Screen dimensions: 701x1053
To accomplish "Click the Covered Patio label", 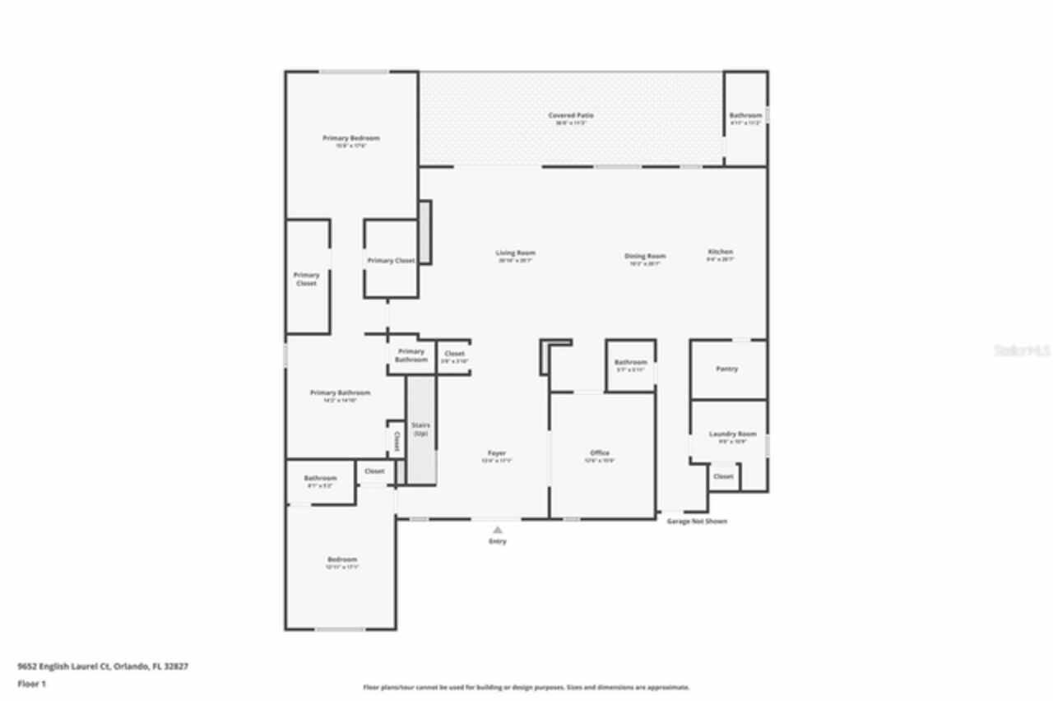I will coord(571,116).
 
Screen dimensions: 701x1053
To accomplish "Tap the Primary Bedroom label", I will coord(351,138).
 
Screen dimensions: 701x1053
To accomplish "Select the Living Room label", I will coord(516,253).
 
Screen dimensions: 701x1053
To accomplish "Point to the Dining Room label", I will coord(645,257).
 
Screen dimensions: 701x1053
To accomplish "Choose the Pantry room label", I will coord(726,369).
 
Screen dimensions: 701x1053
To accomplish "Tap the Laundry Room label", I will coord(732,434).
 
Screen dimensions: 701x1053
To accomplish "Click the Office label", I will coord(600,453).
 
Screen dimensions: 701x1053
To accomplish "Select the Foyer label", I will coord(497,453).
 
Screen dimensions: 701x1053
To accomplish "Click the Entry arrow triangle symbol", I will coord(498,530).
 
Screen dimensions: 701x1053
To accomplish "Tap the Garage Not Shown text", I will coord(697,522).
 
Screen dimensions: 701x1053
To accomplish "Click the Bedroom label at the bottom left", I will coord(342,560).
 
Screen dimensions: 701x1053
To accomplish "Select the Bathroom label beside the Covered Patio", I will coord(745,116).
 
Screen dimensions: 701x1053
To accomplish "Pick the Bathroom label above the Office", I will coord(631,363).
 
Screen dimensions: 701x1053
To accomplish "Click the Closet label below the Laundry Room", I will coord(723,476).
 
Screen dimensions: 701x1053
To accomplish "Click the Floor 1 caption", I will coord(32,684).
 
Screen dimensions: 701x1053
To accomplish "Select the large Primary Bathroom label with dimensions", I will coord(340,393).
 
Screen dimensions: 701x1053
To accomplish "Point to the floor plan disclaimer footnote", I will coord(526,687).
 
